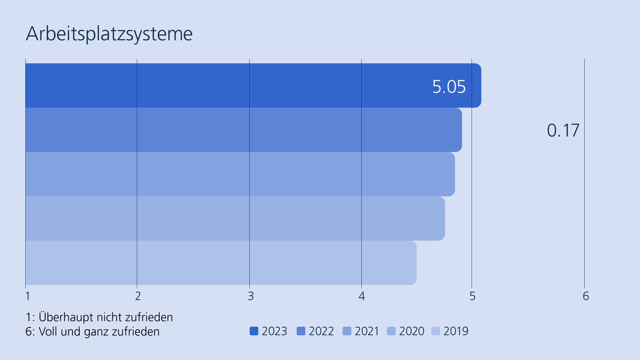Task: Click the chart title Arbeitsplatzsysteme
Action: (109, 34)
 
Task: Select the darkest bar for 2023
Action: (233, 86)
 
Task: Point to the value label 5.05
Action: (449, 87)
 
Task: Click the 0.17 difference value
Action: (563, 130)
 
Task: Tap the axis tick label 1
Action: (28, 296)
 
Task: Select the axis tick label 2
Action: (138, 296)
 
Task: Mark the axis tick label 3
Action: (251, 296)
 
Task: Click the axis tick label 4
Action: (362, 296)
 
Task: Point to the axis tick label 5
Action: (472, 296)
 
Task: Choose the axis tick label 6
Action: (586, 296)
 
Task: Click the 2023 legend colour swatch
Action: (254, 331)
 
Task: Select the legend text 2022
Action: (321, 331)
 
